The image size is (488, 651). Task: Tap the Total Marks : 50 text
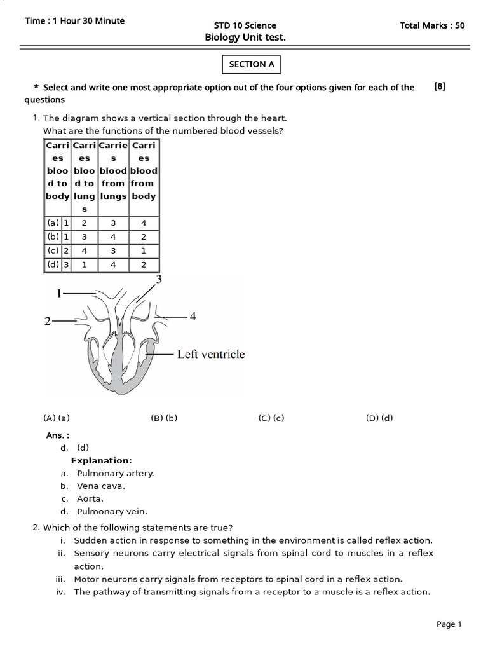click(x=432, y=25)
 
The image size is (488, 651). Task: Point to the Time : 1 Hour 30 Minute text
click(x=74, y=21)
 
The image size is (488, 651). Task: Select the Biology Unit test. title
click(x=245, y=38)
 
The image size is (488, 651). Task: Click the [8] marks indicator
click(x=440, y=87)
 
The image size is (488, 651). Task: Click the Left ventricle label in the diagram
click(x=210, y=354)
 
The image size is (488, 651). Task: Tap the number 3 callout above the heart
click(x=159, y=279)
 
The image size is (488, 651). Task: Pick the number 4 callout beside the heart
click(x=191, y=316)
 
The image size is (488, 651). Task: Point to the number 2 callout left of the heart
click(x=48, y=321)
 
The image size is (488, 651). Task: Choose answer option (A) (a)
click(x=56, y=418)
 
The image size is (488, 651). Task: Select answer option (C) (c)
click(x=271, y=418)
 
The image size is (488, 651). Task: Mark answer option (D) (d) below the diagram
click(x=379, y=418)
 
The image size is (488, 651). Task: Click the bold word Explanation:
click(x=101, y=460)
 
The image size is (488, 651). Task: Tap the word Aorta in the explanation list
click(x=90, y=498)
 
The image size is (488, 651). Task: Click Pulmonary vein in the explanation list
click(x=112, y=511)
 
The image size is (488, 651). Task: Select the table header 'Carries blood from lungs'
click(x=113, y=170)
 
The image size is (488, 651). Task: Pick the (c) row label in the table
click(x=53, y=250)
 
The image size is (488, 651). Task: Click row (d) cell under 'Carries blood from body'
click(x=144, y=264)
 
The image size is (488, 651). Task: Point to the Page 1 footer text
click(x=449, y=624)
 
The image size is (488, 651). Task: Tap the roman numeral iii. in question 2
click(x=61, y=579)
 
